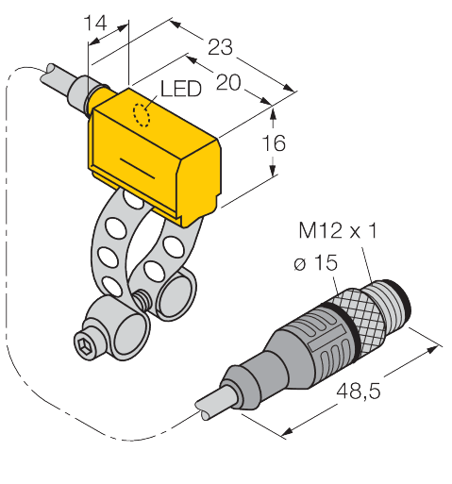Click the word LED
179,90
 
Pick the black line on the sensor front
138,170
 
